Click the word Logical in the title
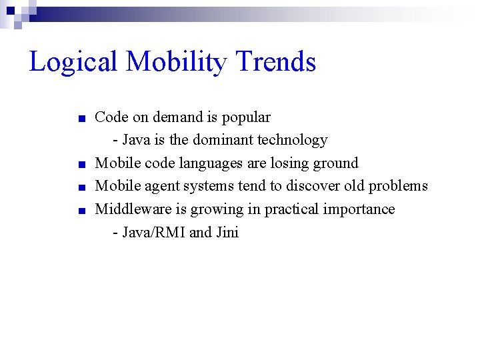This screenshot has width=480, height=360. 74,63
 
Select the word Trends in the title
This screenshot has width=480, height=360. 276,61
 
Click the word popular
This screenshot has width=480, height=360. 246,118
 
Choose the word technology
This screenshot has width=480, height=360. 295,141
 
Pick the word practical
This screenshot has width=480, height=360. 288,210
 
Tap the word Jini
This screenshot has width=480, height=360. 227,233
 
